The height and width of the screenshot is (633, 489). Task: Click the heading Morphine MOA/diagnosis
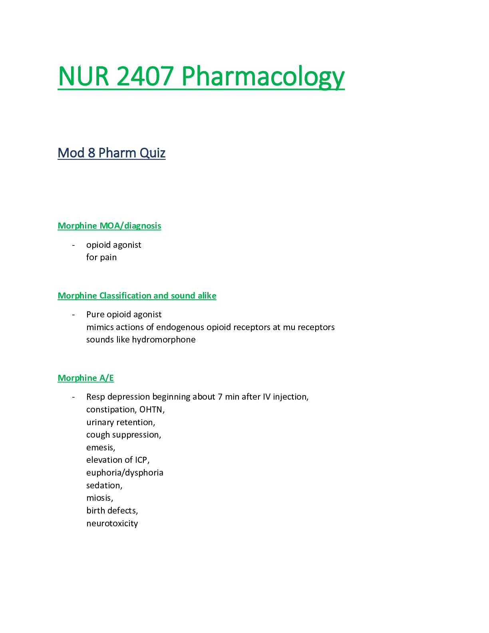coord(109,226)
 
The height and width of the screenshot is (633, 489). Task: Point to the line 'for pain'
coord(101,257)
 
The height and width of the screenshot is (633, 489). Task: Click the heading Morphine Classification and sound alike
coord(137,296)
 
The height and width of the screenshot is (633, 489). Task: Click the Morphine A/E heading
coord(86,378)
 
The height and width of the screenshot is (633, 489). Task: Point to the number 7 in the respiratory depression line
coord(220,397)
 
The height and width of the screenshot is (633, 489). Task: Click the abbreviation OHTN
coord(151,410)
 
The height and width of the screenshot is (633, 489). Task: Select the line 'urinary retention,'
coord(121,422)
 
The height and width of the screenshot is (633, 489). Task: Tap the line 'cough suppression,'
coord(124,435)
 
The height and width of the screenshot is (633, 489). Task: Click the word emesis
coord(100,448)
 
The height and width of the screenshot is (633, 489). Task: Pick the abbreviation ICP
coord(141,460)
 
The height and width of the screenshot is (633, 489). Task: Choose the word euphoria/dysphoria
coord(125,473)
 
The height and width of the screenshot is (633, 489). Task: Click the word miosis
coord(99,498)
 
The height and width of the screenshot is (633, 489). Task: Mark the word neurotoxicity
coord(112,524)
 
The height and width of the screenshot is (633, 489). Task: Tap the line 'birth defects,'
coord(112,511)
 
